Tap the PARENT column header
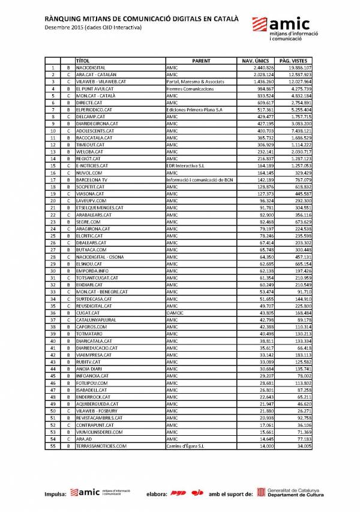pyautogui.click(x=201, y=61)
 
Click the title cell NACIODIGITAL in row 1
pyautogui.click(x=92, y=68)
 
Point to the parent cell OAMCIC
pyautogui.click(x=175, y=313)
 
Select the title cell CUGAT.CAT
pyautogui.click(x=88, y=313)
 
